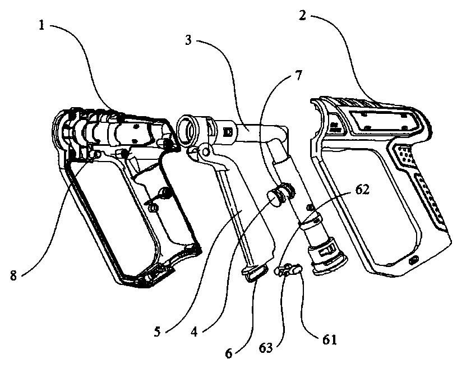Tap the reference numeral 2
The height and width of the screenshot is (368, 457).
coord(303,16)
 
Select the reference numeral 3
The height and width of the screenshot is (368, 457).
coord(188,40)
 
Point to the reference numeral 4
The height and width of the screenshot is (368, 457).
coord(195,332)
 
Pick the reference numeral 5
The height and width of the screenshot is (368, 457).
coord(158,332)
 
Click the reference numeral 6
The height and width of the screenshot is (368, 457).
coord(229,354)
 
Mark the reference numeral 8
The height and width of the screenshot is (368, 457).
coord(13,275)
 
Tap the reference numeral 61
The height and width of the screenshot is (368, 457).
coord(329,340)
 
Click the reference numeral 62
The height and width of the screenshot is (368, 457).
coord(363,190)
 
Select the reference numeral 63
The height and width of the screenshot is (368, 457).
coord(266,348)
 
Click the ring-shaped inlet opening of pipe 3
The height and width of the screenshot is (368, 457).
coord(187,131)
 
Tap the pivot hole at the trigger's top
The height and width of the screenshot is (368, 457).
coord(206,151)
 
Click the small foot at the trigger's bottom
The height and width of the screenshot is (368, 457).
coord(255,273)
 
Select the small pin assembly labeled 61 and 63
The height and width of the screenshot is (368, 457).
coord(288,269)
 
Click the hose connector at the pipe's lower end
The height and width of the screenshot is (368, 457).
coord(328,255)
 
